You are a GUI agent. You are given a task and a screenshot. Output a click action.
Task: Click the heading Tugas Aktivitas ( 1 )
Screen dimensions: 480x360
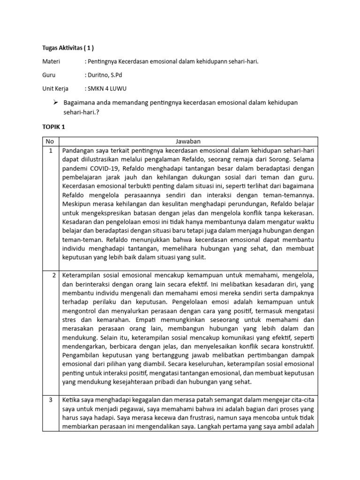68,47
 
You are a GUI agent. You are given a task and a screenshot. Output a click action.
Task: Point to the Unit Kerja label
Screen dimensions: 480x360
55,88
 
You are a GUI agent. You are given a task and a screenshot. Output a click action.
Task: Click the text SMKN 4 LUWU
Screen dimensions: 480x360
106,88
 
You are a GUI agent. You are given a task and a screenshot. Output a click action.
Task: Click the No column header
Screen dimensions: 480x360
50,141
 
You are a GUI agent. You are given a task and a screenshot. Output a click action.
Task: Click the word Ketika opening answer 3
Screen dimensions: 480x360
72,399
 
